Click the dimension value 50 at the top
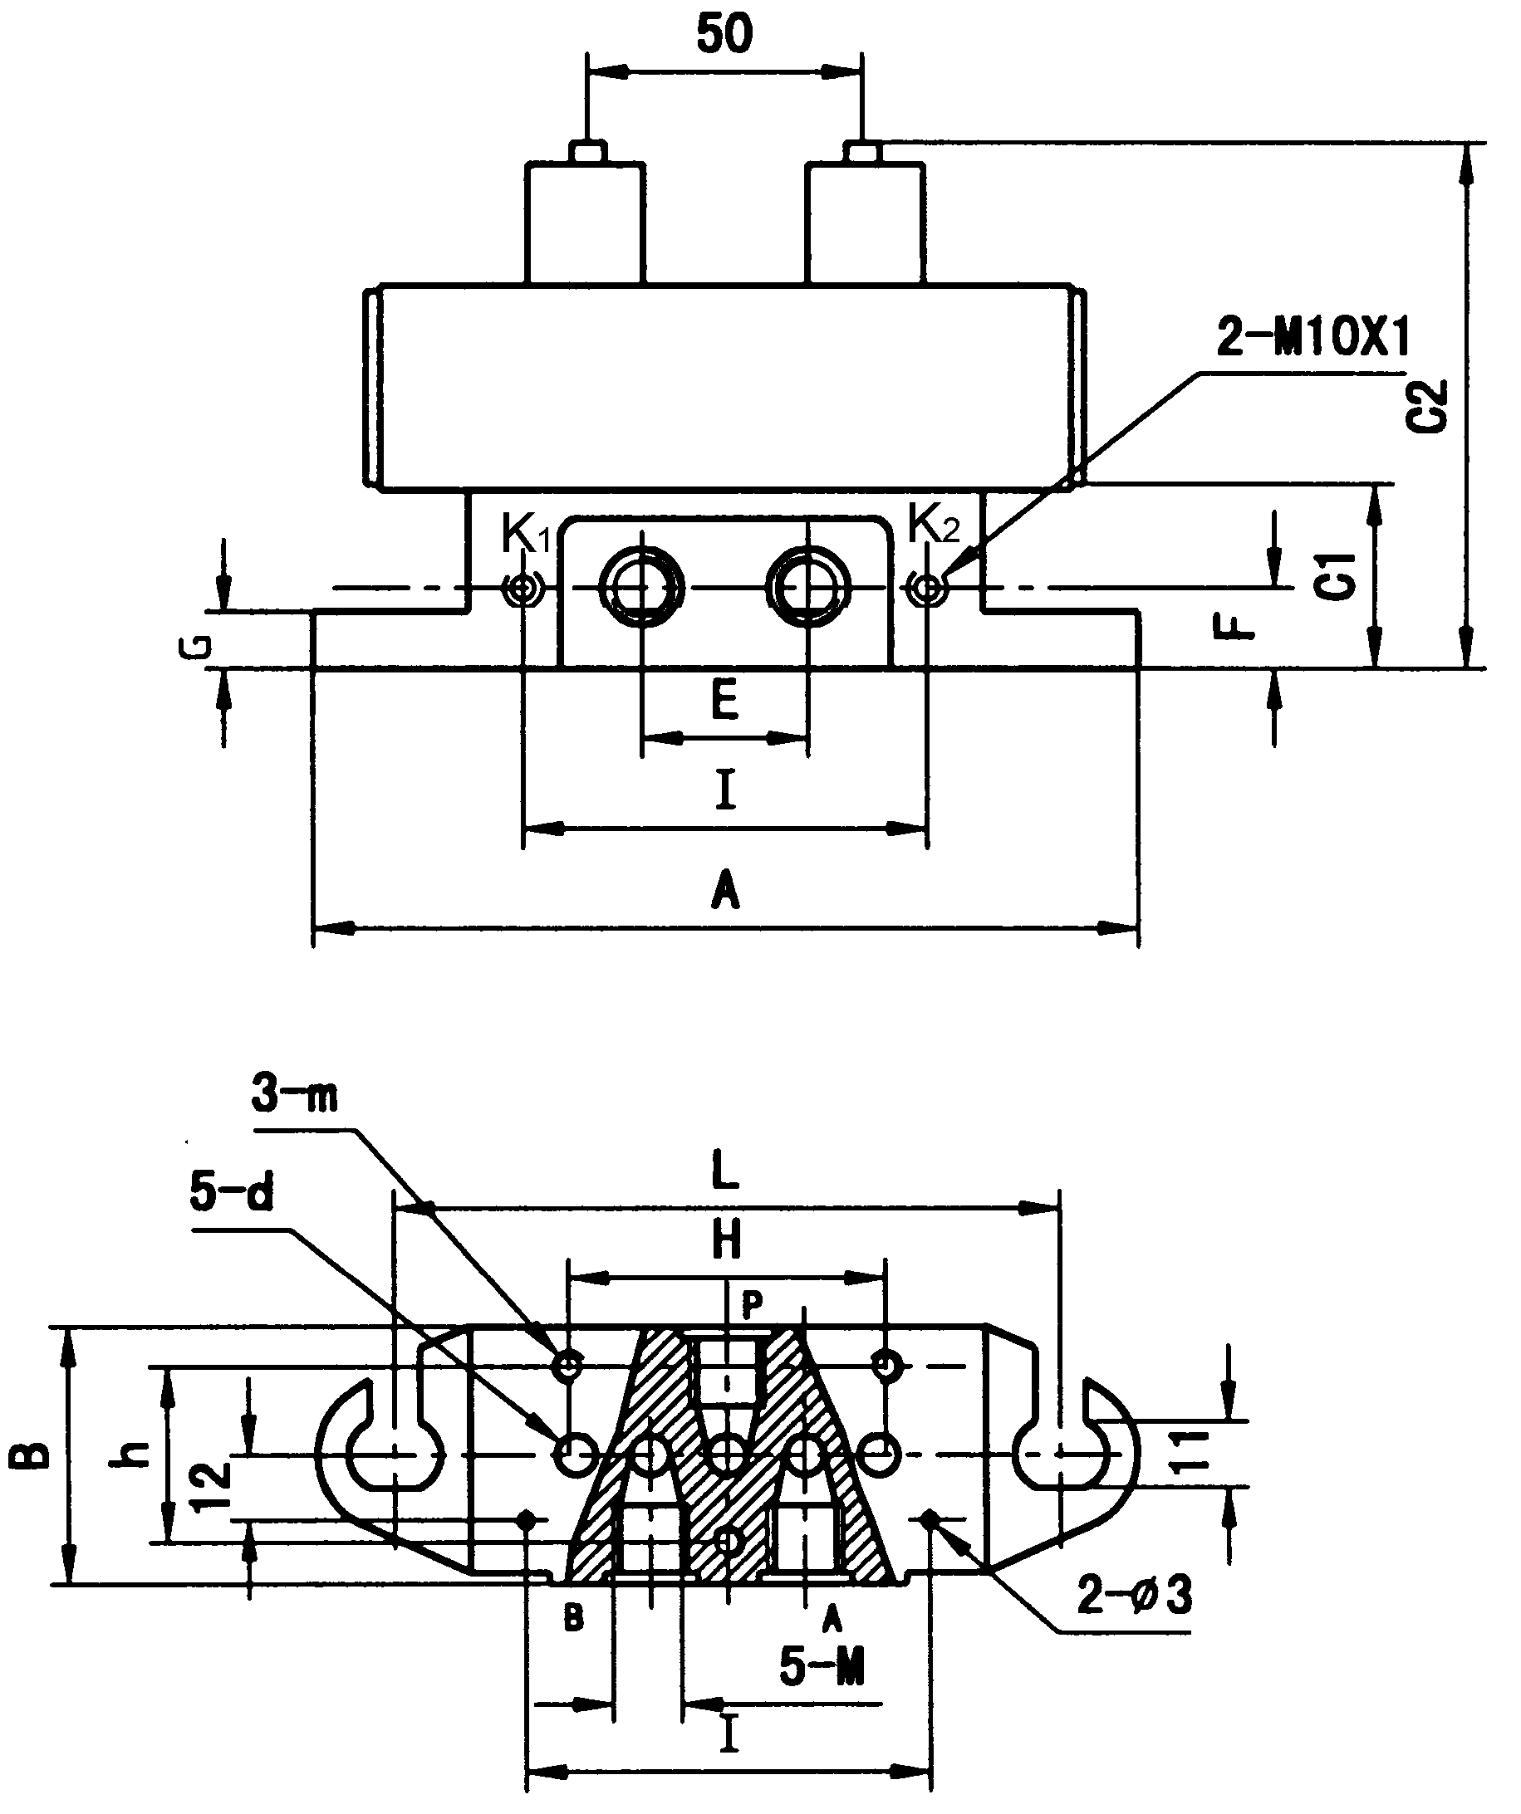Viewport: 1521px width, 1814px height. (x=724, y=35)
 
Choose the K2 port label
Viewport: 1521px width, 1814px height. (x=934, y=525)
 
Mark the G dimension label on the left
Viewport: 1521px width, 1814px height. (x=198, y=647)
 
